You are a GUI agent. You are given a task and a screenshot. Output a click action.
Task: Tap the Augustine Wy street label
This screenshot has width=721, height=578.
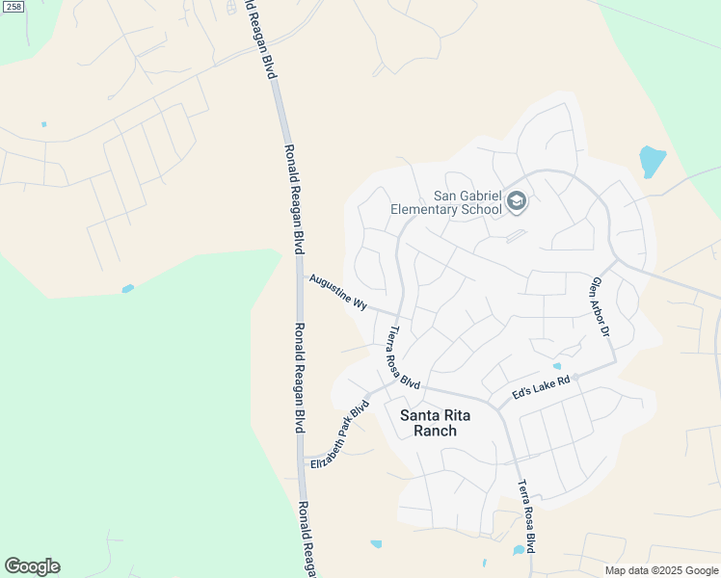click(x=338, y=292)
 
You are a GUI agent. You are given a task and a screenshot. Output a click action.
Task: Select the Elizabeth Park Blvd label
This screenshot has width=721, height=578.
click(x=340, y=434)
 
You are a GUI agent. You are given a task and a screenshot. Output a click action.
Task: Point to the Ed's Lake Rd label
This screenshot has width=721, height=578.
click(x=542, y=387)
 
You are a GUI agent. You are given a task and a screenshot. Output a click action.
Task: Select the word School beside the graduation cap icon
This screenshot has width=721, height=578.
click(x=482, y=209)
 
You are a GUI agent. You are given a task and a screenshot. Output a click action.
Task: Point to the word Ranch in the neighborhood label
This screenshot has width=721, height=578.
click(x=435, y=431)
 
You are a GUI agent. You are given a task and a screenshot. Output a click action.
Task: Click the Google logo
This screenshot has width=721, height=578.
click(x=32, y=566)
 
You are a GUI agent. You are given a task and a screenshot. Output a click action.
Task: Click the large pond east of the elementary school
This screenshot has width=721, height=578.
click(x=652, y=160)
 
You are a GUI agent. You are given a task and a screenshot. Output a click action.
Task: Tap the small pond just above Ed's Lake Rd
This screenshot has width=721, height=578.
click(x=556, y=366)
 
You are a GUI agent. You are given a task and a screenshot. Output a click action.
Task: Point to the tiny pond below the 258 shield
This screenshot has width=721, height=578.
click(x=43, y=124)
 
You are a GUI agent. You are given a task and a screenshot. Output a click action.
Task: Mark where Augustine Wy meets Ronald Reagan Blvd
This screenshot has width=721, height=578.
click(x=300, y=277)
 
